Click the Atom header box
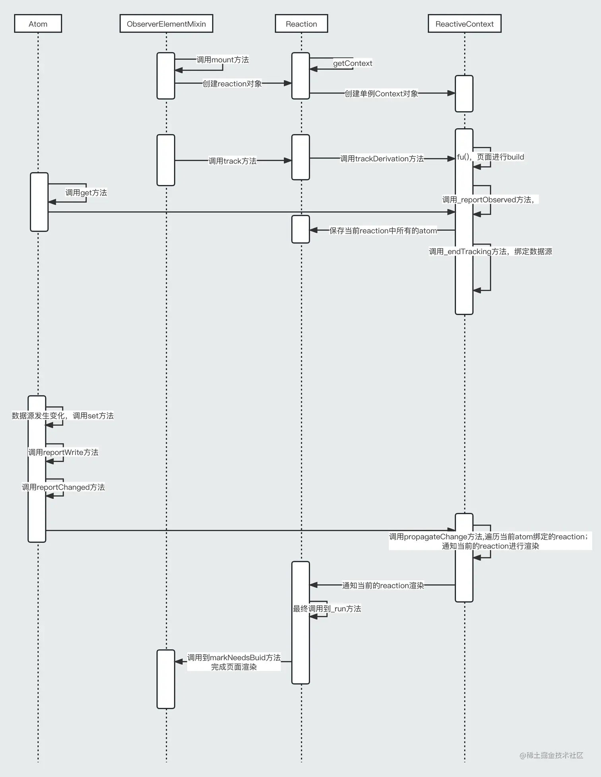click(x=38, y=24)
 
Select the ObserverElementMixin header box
click(x=166, y=24)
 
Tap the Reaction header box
click(x=301, y=24)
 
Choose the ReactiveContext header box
click(x=464, y=24)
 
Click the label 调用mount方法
click(x=223, y=60)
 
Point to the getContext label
click(x=353, y=64)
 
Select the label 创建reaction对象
click(x=232, y=84)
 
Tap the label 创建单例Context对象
click(x=381, y=94)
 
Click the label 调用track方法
click(x=233, y=161)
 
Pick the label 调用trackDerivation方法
click(x=382, y=159)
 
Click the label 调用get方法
click(x=86, y=193)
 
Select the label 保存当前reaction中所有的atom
click(x=383, y=231)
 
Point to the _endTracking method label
click(x=490, y=252)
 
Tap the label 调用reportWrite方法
click(x=63, y=453)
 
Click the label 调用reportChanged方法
click(x=63, y=488)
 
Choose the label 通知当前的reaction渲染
click(x=383, y=586)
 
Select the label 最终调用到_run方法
click(x=327, y=609)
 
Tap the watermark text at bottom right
click(x=551, y=756)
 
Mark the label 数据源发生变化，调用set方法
click(x=63, y=416)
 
